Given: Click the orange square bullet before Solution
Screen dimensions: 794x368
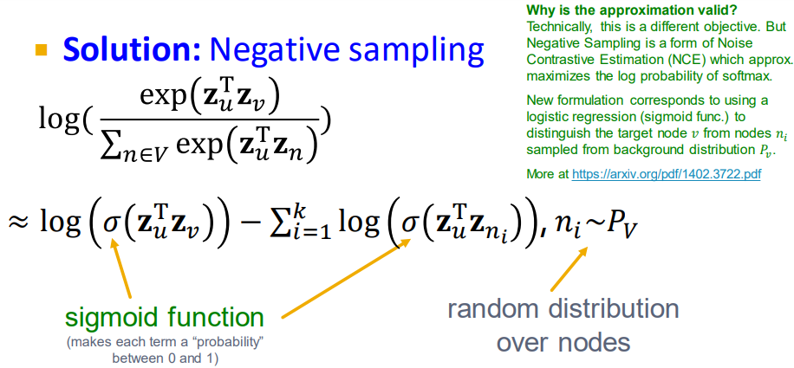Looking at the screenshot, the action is click(41, 49).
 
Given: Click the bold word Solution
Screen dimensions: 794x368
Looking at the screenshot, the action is click(132, 49).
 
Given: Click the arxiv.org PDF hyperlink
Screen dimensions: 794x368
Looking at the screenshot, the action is click(667, 175).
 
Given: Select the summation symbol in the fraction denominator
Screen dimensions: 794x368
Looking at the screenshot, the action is click(107, 144).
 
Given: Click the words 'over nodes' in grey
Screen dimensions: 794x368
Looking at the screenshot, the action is click(563, 342).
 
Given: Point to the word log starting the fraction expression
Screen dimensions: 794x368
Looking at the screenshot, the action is click(59, 119).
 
